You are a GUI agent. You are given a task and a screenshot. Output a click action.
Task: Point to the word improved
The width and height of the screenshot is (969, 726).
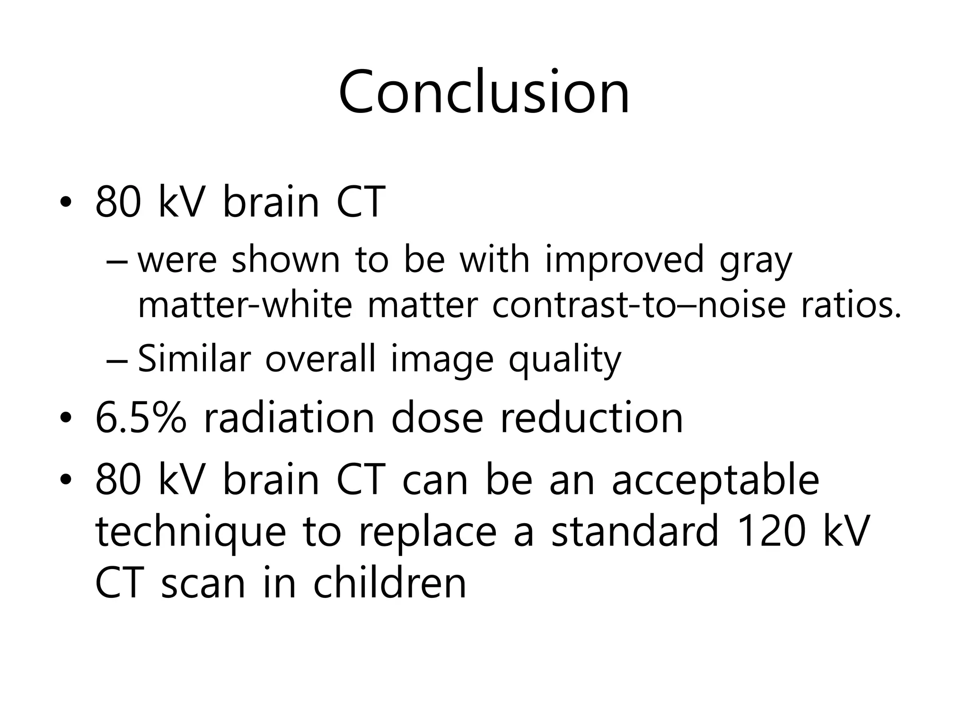[x=625, y=261]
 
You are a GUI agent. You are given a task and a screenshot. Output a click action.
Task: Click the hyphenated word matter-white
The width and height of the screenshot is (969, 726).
[x=245, y=305]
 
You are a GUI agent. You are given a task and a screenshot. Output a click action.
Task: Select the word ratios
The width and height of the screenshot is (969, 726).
[x=851, y=305]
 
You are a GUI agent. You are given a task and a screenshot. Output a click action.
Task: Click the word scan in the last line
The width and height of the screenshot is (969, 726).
[x=203, y=584]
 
